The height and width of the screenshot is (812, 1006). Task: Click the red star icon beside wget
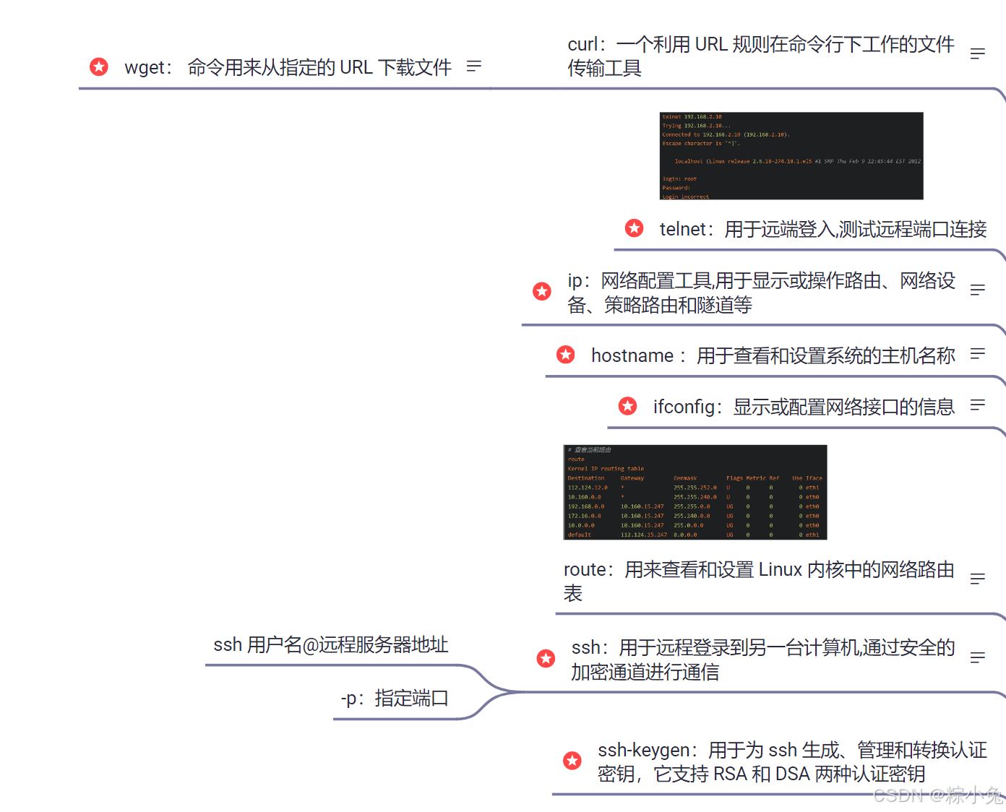99,67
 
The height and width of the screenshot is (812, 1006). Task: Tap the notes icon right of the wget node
474,66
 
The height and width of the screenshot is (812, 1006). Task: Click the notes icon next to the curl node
978,54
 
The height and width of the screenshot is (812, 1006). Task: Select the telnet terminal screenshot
791,155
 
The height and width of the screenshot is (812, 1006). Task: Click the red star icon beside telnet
635,228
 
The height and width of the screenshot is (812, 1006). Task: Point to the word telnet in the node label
682,229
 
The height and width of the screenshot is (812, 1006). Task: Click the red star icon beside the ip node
542,291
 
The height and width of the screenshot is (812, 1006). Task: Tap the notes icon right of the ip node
978,290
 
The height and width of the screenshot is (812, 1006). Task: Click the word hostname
632,355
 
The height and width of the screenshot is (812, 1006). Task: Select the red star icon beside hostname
566,355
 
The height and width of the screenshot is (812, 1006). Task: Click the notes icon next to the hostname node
978,354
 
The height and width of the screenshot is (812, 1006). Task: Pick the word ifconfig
684,407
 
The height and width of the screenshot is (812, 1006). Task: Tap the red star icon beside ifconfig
628,406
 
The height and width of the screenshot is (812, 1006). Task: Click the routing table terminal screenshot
695,492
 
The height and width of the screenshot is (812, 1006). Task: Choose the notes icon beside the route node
978,579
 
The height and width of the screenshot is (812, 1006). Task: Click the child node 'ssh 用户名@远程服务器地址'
331,644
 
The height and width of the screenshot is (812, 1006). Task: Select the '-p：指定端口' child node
395,698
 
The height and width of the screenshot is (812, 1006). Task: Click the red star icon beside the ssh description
546,658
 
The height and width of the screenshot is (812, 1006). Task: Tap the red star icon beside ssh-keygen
572,760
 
